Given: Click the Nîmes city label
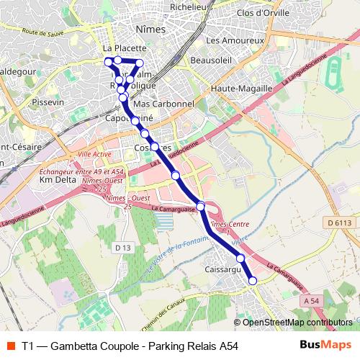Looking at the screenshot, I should (150, 30).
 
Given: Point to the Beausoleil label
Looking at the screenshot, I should (212, 60).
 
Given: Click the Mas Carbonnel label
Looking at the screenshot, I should (164, 104).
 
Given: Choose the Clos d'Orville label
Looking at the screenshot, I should (263, 12).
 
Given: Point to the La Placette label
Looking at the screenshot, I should (110, 48).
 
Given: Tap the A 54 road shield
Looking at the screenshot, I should (312, 300).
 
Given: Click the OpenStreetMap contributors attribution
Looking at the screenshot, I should (297, 323).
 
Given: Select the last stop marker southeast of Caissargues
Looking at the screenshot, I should (253, 281).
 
